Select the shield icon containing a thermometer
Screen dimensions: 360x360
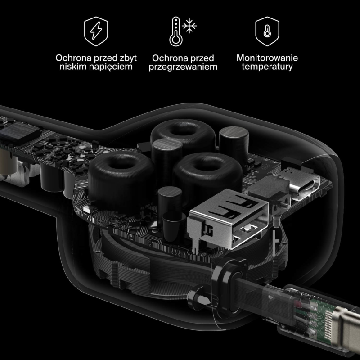click(x=267, y=31)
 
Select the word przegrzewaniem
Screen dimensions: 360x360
click(x=183, y=67)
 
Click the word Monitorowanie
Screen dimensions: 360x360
click(x=267, y=58)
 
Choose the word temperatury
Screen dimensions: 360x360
click(x=267, y=67)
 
